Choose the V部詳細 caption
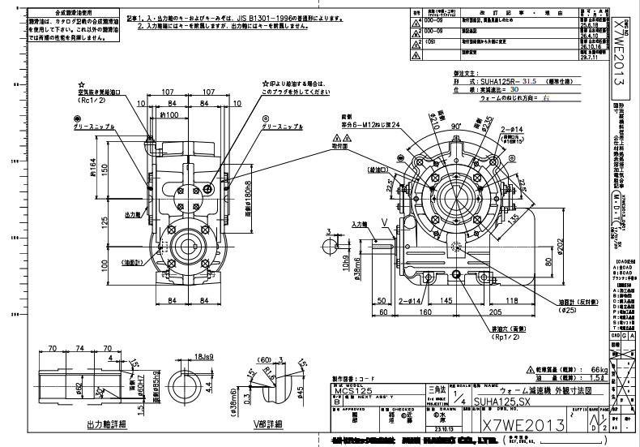(x=266, y=425)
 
